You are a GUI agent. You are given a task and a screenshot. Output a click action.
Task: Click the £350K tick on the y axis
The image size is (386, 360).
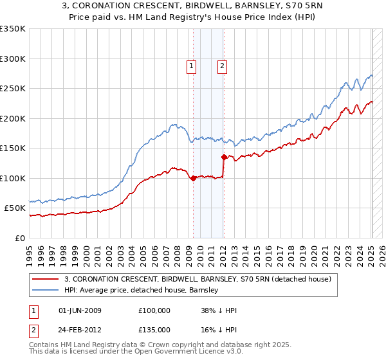click(13, 29)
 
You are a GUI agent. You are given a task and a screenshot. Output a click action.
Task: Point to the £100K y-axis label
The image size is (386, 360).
click(13, 179)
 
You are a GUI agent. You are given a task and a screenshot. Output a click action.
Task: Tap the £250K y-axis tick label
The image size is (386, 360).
click(13, 89)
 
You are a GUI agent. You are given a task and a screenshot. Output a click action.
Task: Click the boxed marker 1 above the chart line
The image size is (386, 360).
click(192, 65)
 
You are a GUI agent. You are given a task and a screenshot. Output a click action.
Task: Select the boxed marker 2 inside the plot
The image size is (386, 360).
click(222, 65)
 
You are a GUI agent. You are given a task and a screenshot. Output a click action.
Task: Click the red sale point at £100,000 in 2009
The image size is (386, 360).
click(194, 179)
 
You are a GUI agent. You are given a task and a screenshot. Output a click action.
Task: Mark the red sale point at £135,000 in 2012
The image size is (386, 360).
click(224, 157)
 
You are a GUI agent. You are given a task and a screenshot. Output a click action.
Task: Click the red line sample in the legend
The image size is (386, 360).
click(46, 279)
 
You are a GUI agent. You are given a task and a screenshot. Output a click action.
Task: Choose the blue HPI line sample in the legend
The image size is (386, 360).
click(46, 290)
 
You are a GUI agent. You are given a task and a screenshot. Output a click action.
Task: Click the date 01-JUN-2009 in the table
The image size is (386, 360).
click(80, 310)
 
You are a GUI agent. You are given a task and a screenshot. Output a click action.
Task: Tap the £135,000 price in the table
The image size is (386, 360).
click(154, 329)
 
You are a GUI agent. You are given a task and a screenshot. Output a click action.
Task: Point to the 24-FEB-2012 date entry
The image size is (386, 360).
click(80, 329)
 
